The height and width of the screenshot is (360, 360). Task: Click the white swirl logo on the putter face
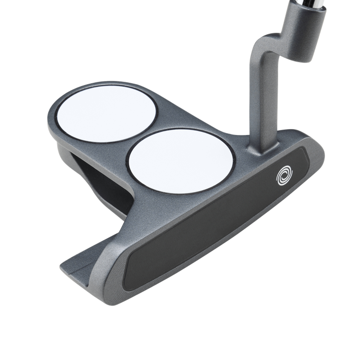point(284,175)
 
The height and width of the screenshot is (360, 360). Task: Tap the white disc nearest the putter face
point(181,161)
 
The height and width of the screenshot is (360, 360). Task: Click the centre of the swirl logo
point(284,176)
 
